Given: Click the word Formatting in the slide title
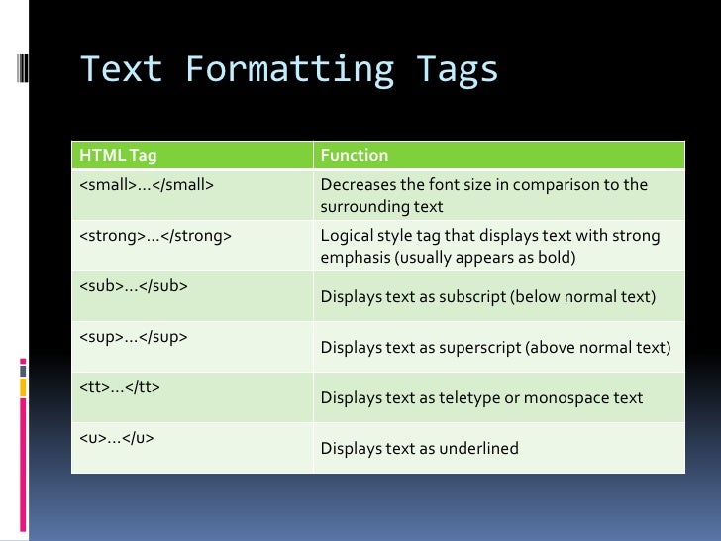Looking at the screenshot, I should coord(288,70).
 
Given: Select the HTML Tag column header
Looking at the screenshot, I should coord(118,155).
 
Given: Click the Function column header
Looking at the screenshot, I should coord(355,155).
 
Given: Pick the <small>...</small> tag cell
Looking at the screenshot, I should coord(147,185).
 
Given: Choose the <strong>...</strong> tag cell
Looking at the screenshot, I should coord(155,236).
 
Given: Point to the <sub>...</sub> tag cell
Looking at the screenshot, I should coord(134,286).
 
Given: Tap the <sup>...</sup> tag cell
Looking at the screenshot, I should coord(134,337).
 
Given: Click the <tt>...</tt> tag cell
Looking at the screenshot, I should coord(120,387).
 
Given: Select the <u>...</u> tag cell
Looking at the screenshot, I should coord(117,438).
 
